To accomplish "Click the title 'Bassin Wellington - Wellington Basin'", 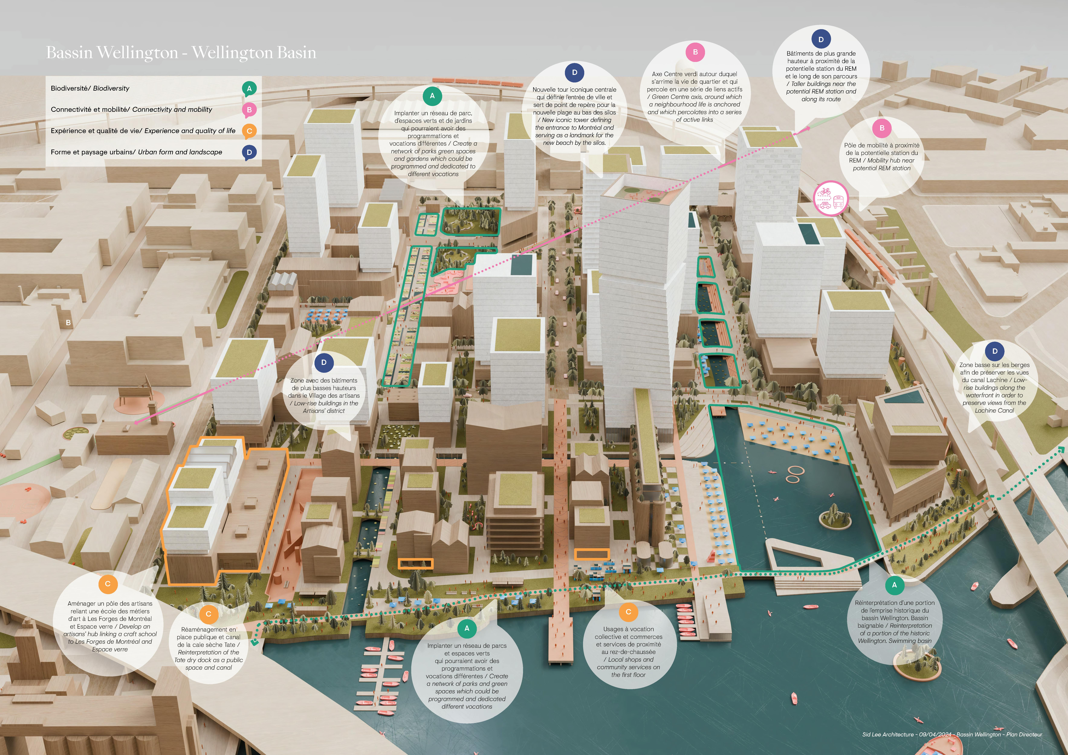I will coord(181,53).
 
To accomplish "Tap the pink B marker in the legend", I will coord(249,110).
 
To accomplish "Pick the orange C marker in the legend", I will coord(249,131).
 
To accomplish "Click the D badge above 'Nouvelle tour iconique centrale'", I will coord(574,72).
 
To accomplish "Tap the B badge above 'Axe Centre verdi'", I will coord(695,52).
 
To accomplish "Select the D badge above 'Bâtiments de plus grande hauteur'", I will coord(821,40).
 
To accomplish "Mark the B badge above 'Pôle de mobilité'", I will coord(882,128).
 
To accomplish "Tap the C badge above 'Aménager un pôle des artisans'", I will coord(108,584).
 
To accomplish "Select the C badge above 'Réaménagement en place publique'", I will coord(208,614).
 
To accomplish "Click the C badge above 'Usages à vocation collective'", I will coord(628,612).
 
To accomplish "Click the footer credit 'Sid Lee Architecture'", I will coord(888,735).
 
